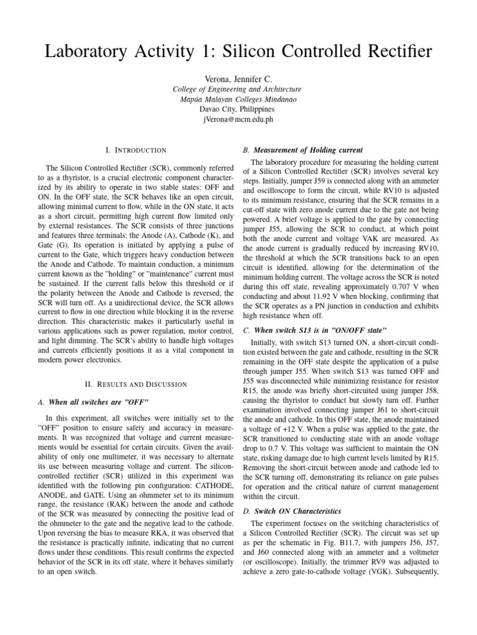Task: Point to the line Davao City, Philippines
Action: [238, 109]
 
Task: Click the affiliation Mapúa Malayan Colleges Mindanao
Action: [238, 99]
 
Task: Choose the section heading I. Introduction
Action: [135, 150]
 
